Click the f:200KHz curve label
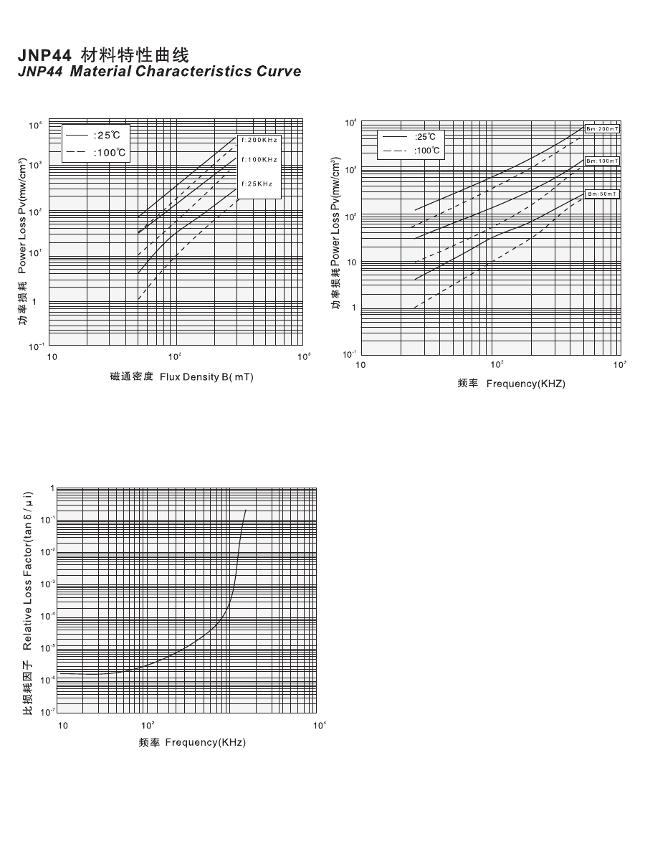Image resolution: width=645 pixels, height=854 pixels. (x=259, y=140)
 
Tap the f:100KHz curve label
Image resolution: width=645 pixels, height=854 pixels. (x=259, y=159)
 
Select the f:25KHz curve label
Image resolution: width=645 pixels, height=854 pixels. (x=257, y=184)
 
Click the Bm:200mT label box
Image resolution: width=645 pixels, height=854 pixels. (x=602, y=128)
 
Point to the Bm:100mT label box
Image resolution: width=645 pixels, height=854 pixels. (x=602, y=161)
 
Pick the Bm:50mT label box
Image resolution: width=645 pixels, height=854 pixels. (x=602, y=194)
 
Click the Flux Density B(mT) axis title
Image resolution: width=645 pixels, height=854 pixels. (x=181, y=376)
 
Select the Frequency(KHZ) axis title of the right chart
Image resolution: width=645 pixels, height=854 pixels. (x=511, y=384)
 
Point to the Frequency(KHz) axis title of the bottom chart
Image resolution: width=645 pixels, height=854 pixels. (x=192, y=742)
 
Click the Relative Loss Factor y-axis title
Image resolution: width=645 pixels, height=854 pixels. (x=27, y=602)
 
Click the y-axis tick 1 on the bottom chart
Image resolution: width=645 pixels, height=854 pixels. (x=52, y=488)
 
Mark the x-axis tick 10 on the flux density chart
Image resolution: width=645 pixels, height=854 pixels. (x=52, y=357)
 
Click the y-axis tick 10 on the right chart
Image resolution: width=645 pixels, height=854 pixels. (x=352, y=263)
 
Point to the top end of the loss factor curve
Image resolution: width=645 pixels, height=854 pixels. (x=246, y=510)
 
